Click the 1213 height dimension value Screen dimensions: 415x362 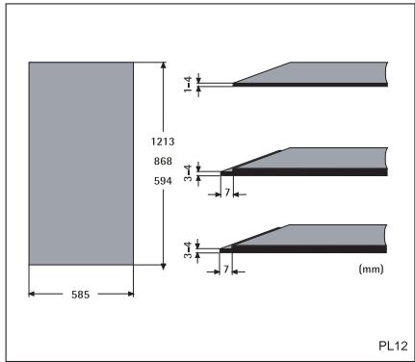click(163, 142)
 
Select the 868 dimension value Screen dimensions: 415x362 click(163, 161)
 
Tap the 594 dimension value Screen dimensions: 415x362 click(163, 181)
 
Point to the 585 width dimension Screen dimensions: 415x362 click(80, 295)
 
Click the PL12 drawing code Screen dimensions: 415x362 click(393, 346)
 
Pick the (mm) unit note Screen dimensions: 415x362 click(371, 269)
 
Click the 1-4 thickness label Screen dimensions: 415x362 click(188, 84)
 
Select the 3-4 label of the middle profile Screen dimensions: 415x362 click(188, 173)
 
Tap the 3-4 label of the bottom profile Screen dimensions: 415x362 click(188, 250)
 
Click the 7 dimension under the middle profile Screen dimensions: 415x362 click(227, 193)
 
